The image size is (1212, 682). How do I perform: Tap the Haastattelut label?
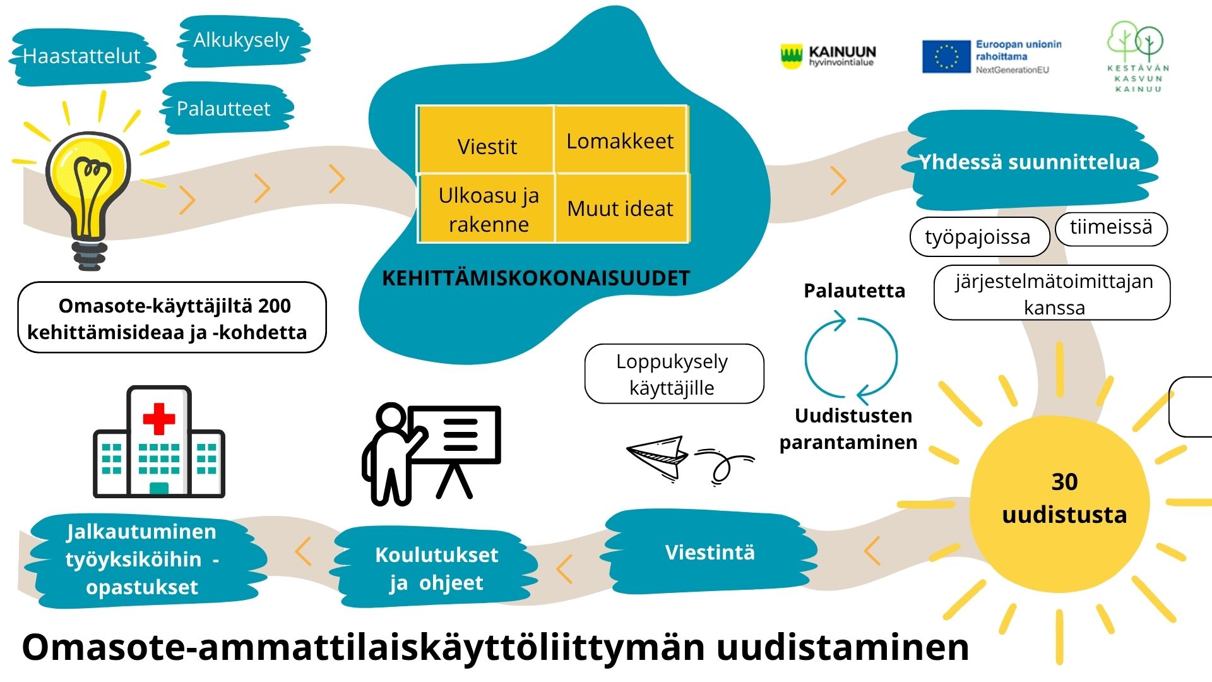[x=82, y=57]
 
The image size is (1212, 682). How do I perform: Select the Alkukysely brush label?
[x=244, y=41]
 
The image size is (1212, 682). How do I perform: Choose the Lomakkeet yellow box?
[x=621, y=140]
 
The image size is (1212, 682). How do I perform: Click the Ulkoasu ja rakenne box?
[x=487, y=208]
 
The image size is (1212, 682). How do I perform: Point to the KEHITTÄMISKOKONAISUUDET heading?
[x=536, y=278]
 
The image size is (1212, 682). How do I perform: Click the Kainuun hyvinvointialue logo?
[x=828, y=56]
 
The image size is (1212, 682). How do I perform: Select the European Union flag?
[x=946, y=57]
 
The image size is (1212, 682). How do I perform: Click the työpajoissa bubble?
[x=979, y=237]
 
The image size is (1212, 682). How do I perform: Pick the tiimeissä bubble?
[x=1111, y=228]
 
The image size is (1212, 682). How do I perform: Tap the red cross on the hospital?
[x=159, y=419]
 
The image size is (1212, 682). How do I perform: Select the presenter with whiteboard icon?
[x=431, y=454]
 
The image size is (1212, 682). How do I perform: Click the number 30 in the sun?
[x=1064, y=482]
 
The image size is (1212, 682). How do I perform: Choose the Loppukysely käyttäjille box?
[x=674, y=374]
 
